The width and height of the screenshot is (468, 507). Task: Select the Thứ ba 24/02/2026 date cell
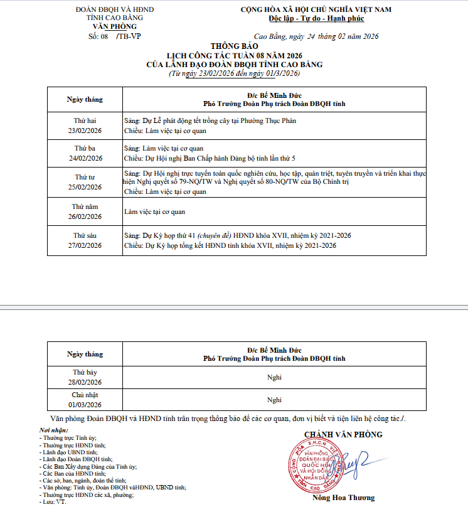85,153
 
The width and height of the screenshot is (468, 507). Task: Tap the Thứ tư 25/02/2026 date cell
85,182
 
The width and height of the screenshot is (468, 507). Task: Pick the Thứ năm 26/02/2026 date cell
85,211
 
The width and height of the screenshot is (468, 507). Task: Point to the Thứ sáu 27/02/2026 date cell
85,240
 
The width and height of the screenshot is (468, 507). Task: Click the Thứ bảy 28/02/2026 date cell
85,377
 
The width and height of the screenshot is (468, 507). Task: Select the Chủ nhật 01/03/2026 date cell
85,400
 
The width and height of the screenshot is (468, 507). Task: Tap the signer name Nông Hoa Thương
343,498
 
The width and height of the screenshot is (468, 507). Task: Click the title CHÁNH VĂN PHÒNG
343,434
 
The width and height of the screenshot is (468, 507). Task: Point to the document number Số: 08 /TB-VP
114,37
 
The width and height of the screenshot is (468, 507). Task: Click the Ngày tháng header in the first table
85,100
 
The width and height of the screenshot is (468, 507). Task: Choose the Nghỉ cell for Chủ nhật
274,400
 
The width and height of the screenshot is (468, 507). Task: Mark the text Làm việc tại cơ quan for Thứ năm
154,211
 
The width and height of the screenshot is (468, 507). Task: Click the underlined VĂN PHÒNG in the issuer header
114,26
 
